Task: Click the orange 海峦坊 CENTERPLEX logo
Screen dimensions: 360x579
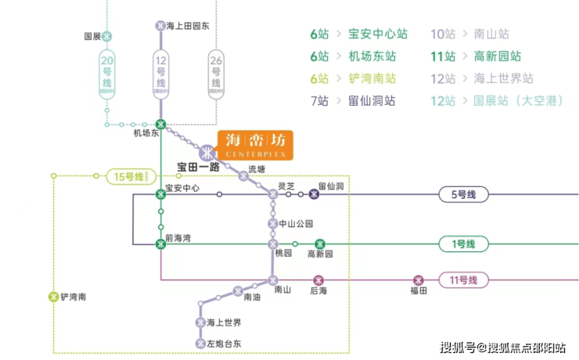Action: pyautogui.click(x=254, y=144)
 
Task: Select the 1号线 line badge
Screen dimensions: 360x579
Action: pyautogui.click(x=463, y=244)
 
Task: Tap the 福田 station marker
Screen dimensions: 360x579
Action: pyautogui.click(x=419, y=279)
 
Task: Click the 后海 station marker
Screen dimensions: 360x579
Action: pyautogui.click(x=318, y=279)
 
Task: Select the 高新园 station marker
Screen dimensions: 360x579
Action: pyautogui.click(x=320, y=244)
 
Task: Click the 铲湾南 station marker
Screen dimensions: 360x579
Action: pyautogui.click(x=53, y=297)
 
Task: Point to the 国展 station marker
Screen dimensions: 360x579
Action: pyautogui.click(x=107, y=36)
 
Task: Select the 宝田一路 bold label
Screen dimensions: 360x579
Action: pyautogui.click(x=198, y=167)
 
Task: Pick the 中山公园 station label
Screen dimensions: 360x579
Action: pyautogui.click(x=300, y=223)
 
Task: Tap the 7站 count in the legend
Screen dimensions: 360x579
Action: pyautogui.click(x=320, y=101)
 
